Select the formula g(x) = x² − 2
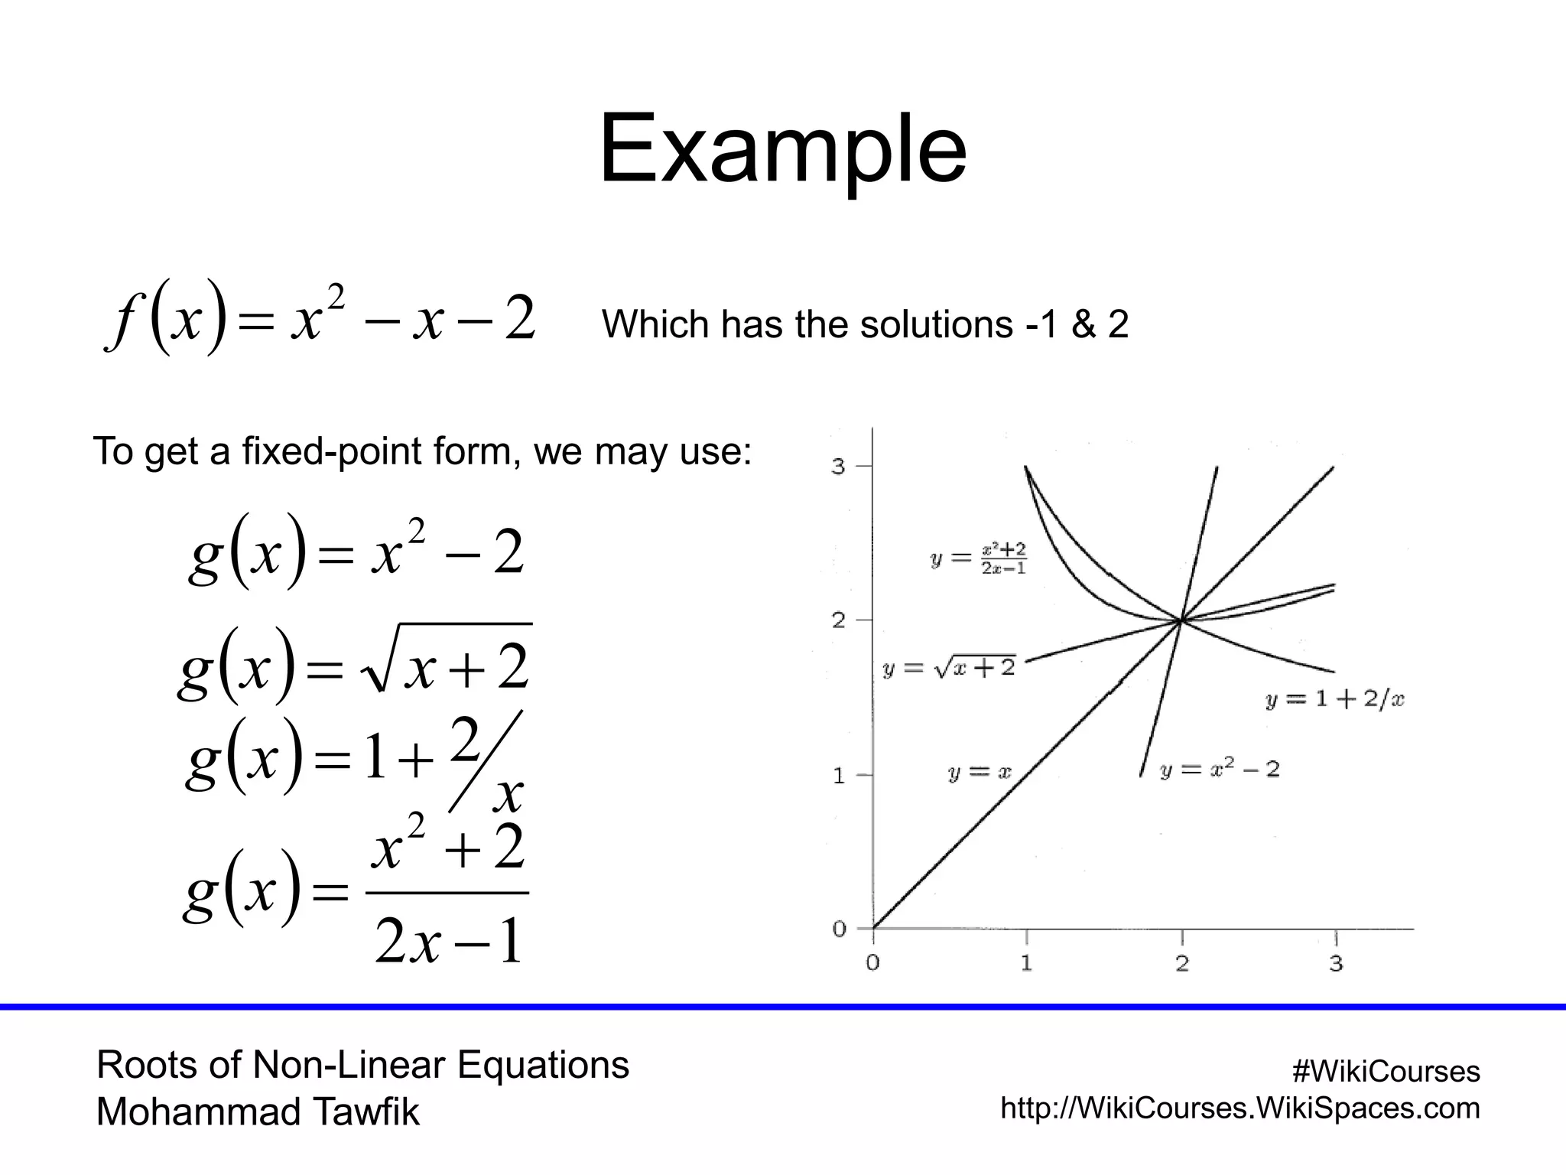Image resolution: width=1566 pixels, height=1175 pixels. pos(356,552)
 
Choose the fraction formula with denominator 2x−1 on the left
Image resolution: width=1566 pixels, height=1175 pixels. pos(355,892)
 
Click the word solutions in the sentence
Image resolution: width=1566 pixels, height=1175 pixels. pos(936,324)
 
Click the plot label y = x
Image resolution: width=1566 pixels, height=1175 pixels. pos(980,773)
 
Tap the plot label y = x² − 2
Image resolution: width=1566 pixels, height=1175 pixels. pos(1219,769)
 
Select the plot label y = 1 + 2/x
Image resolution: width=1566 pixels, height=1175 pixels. pos(1334,699)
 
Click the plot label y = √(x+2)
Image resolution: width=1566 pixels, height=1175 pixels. pos(948,668)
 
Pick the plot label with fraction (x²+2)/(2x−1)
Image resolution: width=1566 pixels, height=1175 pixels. pos(979,559)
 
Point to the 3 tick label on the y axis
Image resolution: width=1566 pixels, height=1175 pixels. pos(839,466)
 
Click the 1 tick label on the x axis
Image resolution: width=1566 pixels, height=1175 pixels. pos(1026,963)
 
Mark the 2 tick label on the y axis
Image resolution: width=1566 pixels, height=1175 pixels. pos(839,620)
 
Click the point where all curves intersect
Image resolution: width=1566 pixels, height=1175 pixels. pos(1181,620)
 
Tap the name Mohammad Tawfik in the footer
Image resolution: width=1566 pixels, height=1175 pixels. pos(258,1112)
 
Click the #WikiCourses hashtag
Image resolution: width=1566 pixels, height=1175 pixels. pos(1386,1072)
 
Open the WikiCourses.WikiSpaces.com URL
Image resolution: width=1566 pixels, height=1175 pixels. pos(1239,1108)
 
